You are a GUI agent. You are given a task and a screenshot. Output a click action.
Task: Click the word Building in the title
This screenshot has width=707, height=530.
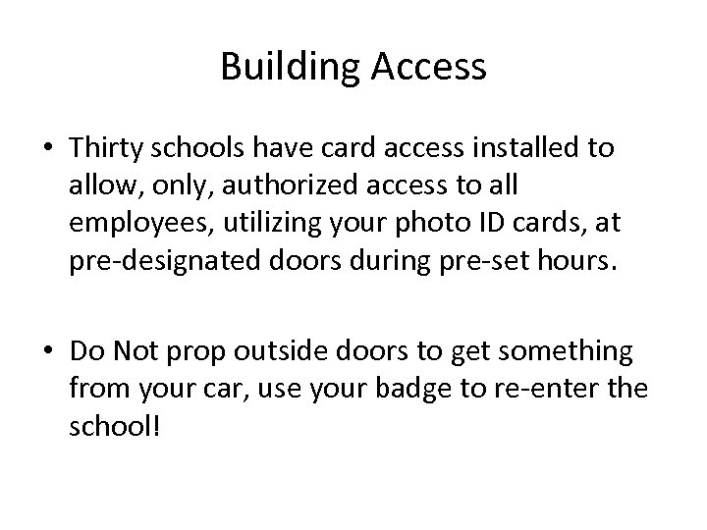(285, 67)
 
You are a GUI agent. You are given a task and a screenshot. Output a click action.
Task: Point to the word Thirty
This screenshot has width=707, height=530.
(101, 149)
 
